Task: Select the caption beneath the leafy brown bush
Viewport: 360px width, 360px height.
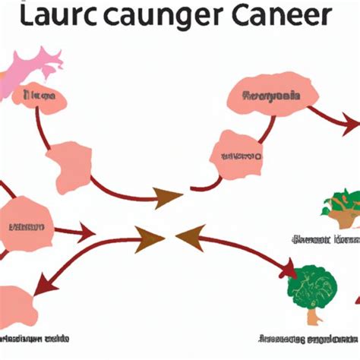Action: (x=325, y=240)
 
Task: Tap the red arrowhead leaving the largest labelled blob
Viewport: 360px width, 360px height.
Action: (x=351, y=122)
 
